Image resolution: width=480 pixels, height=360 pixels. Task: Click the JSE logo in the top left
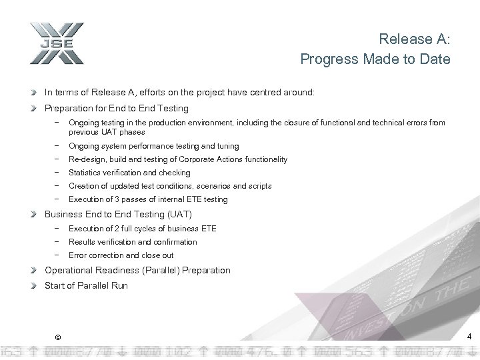click(x=56, y=43)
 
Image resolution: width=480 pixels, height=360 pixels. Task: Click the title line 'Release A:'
click(x=414, y=40)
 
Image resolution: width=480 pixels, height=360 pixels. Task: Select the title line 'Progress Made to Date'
click(x=375, y=59)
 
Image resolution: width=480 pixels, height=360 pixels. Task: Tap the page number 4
click(x=469, y=336)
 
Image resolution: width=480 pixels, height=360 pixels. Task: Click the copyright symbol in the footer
click(x=58, y=336)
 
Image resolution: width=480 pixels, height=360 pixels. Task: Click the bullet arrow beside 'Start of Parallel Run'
click(x=37, y=286)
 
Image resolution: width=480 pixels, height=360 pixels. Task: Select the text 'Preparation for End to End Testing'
click(x=116, y=108)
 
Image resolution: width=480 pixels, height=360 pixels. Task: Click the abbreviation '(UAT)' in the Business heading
click(x=178, y=214)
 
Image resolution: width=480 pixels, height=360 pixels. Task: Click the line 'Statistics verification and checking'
click(x=129, y=173)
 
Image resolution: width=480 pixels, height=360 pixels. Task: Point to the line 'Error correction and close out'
click(x=121, y=255)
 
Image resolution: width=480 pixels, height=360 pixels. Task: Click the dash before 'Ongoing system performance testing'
click(x=59, y=146)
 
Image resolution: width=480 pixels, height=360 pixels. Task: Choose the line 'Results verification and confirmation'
click(x=133, y=242)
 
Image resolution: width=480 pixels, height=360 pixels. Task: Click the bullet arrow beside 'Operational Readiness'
click(x=37, y=270)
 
